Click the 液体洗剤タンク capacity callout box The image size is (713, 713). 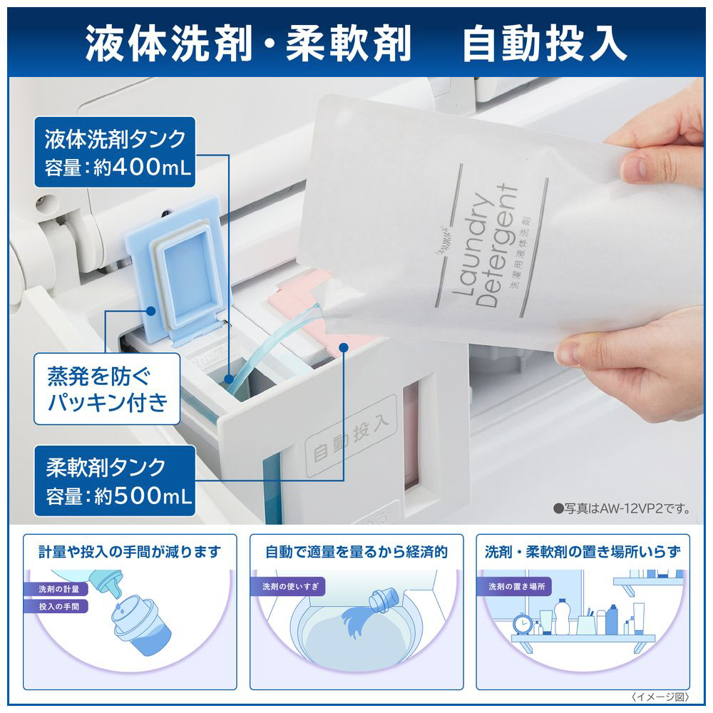[115, 153]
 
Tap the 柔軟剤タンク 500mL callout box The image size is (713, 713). [115, 481]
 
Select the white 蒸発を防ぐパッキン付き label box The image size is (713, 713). [107, 389]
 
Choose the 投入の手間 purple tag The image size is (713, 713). [58, 607]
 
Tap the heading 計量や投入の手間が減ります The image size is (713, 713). [130, 552]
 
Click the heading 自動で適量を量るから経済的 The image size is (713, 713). [356, 552]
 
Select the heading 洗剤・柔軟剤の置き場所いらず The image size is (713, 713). [583, 552]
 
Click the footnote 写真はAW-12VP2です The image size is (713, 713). [622, 508]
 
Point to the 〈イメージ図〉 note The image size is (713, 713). [660, 697]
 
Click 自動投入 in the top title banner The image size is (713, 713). [545, 43]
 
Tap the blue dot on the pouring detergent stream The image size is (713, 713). [229, 379]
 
